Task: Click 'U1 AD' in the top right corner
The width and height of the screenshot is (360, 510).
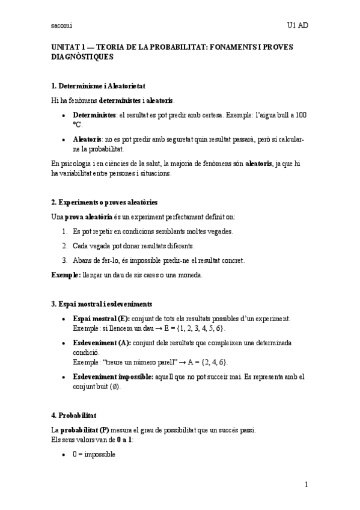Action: click(297, 26)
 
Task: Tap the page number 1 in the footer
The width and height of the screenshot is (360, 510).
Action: click(306, 484)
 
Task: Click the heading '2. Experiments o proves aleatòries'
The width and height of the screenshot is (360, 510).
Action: click(104, 201)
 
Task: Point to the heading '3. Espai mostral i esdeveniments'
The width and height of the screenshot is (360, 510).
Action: click(102, 304)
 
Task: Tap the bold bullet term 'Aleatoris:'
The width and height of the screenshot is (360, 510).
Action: click(89, 140)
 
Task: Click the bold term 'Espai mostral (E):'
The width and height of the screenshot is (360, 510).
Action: click(101, 318)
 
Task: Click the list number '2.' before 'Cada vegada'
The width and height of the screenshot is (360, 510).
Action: click(66, 246)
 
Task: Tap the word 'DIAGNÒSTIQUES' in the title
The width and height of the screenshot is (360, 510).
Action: click(82, 57)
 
